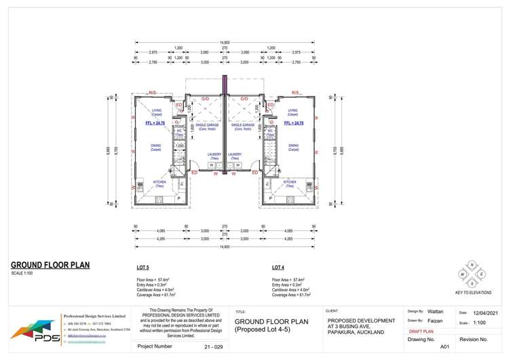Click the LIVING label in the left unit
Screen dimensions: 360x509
(157, 111)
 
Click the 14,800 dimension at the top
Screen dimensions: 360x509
(225, 43)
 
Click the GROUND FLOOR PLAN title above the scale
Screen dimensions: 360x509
(50, 265)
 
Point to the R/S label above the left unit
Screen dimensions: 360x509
(153, 92)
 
